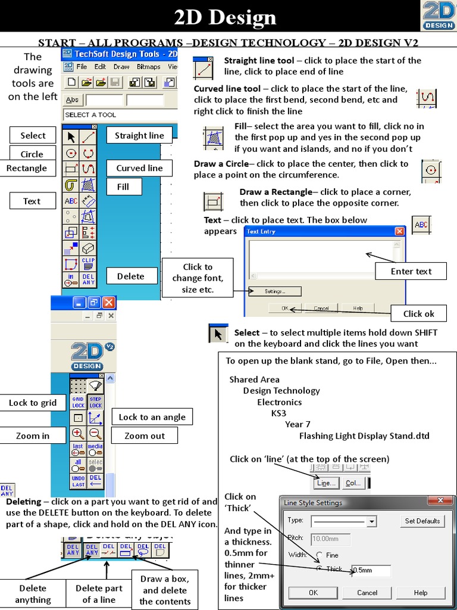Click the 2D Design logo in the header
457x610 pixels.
click(x=439, y=15)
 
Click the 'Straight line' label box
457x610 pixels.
click(x=139, y=135)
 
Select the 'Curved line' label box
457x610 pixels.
click(x=139, y=168)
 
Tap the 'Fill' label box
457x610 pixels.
click(x=123, y=186)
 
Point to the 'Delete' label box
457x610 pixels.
click(x=130, y=276)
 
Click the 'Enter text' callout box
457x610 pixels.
click(x=411, y=271)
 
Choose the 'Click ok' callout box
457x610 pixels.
click(x=418, y=313)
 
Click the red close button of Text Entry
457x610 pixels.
click(x=399, y=231)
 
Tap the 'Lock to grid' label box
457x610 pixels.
click(x=33, y=403)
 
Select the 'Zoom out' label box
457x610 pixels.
click(x=144, y=435)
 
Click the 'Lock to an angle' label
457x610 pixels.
click(x=152, y=417)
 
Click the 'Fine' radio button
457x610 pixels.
click(x=320, y=555)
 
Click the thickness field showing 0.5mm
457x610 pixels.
click(x=371, y=570)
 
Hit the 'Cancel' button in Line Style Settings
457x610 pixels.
click(x=367, y=593)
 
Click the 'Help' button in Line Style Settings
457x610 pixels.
click(x=420, y=593)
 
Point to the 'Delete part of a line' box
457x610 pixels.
click(x=99, y=594)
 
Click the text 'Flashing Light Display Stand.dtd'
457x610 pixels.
click(x=364, y=435)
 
